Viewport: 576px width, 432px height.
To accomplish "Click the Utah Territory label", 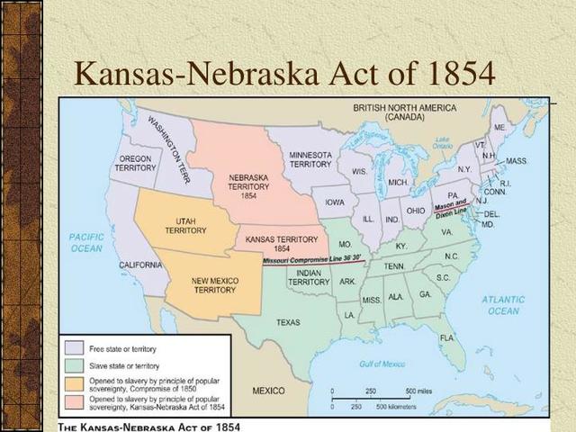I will [x=185, y=224].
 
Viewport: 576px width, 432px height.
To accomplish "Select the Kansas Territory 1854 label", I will [x=282, y=244].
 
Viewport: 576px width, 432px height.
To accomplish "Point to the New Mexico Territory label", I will [x=214, y=285].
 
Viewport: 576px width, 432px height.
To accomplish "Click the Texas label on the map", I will [x=288, y=321].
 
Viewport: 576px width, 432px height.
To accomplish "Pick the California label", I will [x=140, y=265].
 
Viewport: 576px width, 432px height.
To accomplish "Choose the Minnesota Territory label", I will [x=310, y=159].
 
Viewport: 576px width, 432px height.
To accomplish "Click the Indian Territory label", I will [x=309, y=277].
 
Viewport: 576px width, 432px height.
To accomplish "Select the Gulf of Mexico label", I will [x=380, y=363].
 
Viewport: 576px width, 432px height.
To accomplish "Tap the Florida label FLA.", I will [x=447, y=337].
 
